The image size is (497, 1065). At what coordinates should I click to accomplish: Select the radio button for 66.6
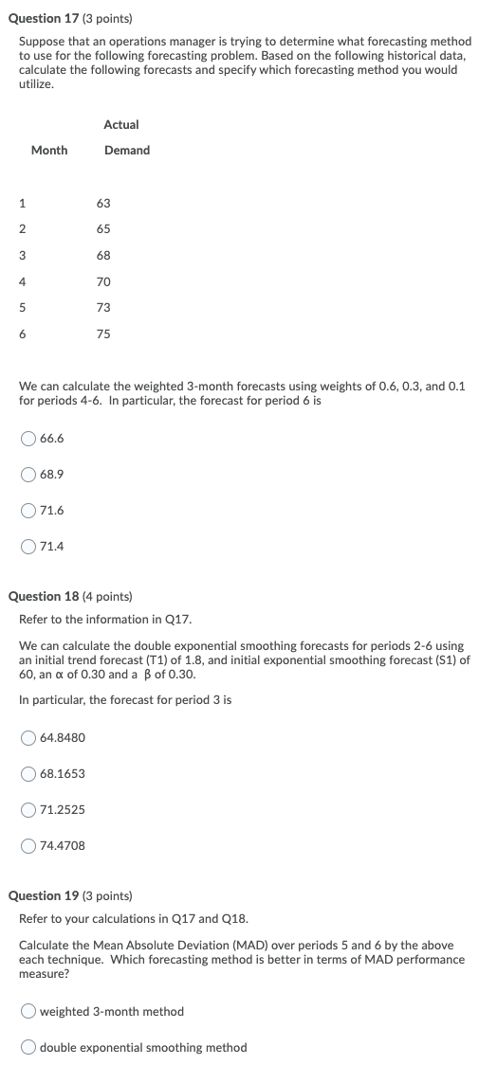pyautogui.click(x=29, y=438)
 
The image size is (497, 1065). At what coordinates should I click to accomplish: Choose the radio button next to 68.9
pyautogui.click(x=29, y=474)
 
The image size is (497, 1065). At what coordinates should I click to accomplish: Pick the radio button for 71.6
pyautogui.click(x=29, y=510)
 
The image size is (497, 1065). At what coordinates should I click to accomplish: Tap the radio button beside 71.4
pyautogui.click(x=29, y=546)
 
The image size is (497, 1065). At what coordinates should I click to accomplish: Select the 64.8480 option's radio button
pyautogui.click(x=29, y=737)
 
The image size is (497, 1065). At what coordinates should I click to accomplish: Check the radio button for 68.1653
pyautogui.click(x=29, y=773)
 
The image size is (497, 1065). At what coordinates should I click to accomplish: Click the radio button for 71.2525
pyautogui.click(x=29, y=809)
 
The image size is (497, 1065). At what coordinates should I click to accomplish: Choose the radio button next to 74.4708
pyautogui.click(x=29, y=845)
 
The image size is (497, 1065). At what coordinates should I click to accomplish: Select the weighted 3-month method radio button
pyautogui.click(x=29, y=1011)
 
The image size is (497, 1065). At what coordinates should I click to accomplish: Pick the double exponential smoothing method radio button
pyautogui.click(x=29, y=1047)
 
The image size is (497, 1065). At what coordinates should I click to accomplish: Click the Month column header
pyautogui.click(x=49, y=150)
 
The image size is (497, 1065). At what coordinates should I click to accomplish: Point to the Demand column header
pyautogui.click(x=127, y=150)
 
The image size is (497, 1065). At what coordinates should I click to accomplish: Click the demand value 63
pyautogui.click(x=103, y=203)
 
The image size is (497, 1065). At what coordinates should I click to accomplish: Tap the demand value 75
pyautogui.click(x=103, y=334)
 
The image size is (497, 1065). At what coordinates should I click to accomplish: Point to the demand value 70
pyautogui.click(x=103, y=281)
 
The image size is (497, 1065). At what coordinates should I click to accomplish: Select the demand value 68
pyautogui.click(x=103, y=255)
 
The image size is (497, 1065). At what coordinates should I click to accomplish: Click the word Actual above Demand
pyautogui.click(x=121, y=124)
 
